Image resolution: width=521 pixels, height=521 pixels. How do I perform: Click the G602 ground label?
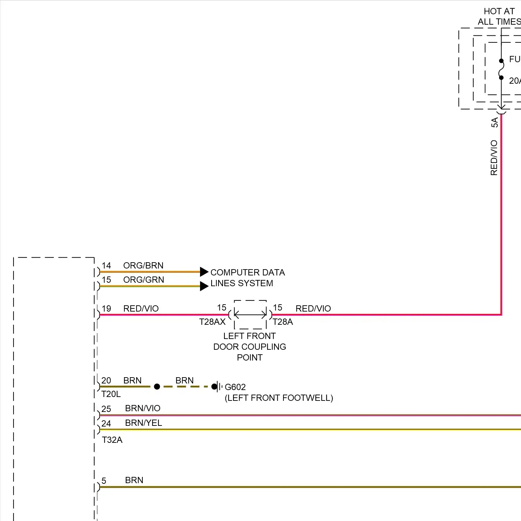235,387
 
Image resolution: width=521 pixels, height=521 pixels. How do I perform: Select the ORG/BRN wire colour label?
143,265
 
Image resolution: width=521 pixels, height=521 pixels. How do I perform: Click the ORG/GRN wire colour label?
143,280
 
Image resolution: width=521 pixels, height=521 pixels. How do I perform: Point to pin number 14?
106,266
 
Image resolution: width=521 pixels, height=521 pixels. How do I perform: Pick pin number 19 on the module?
106,308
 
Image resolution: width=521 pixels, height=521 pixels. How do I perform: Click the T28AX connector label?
212,322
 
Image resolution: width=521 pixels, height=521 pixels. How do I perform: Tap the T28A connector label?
283,322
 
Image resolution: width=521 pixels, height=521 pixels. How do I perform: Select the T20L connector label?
111,394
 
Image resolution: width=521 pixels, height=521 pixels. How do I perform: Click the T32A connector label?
112,440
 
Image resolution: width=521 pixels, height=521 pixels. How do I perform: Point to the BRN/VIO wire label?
143,408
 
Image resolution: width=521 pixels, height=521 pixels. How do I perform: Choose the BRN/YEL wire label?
143,423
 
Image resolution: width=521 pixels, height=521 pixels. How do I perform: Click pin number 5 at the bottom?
104,481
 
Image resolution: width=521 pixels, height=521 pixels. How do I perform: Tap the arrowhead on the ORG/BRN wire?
204,272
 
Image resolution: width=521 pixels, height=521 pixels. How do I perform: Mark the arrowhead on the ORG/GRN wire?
204,286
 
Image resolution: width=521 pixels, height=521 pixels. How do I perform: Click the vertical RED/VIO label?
494,158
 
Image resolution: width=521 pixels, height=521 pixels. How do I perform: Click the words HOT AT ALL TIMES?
499,16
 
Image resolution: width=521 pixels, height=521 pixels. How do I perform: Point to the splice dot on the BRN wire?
157,387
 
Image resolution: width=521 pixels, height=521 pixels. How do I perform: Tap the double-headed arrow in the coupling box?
250,315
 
